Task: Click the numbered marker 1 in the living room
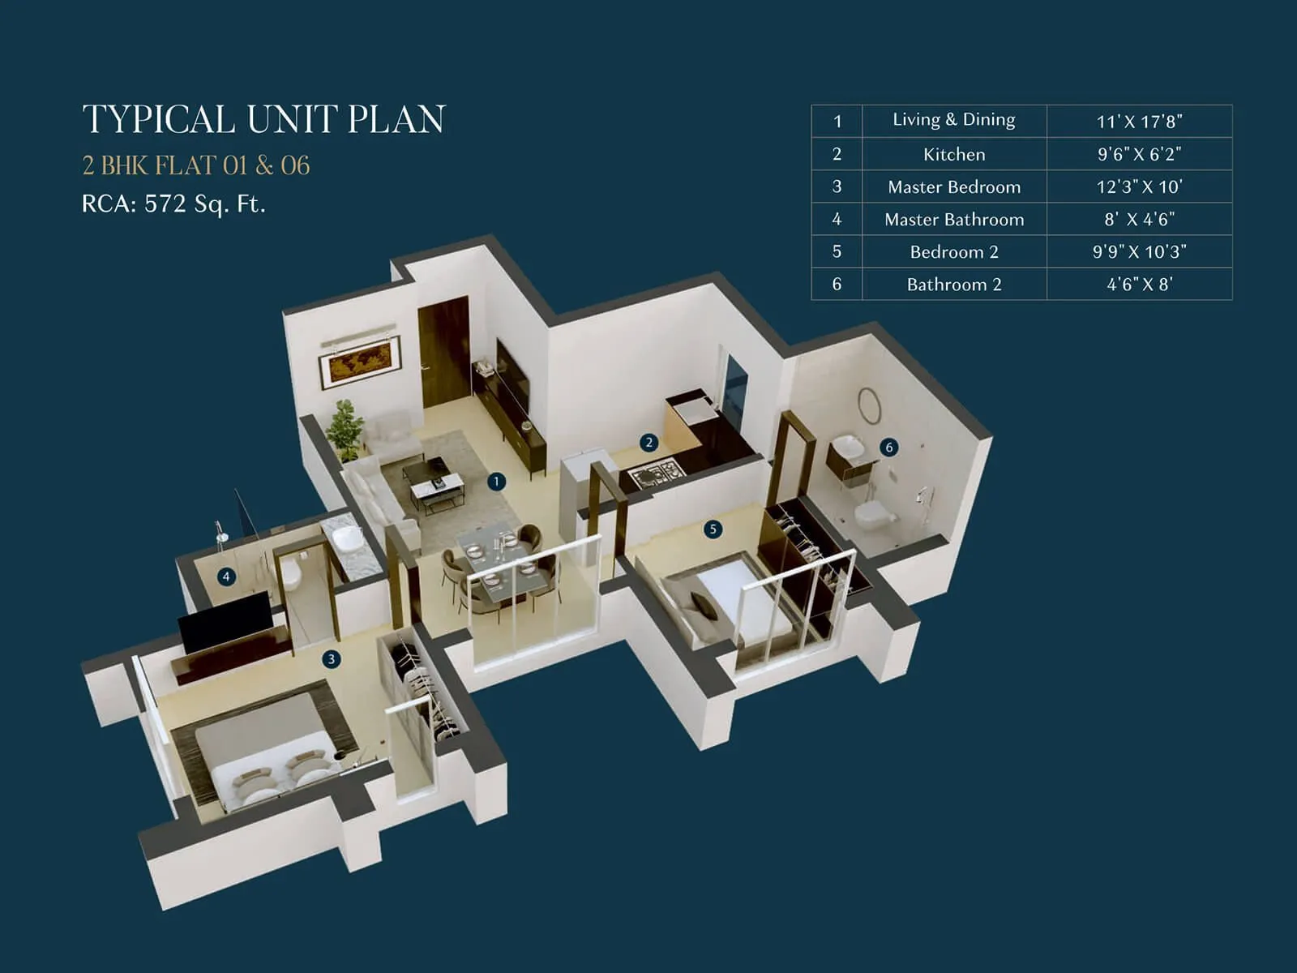click(x=496, y=482)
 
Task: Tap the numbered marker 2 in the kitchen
click(x=648, y=443)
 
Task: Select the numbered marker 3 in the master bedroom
click(x=331, y=659)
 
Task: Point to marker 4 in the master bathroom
click(x=226, y=577)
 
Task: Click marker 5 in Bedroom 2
click(x=713, y=529)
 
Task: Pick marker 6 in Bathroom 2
click(x=889, y=448)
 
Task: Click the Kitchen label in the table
click(x=954, y=154)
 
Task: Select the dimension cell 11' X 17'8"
click(x=1139, y=122)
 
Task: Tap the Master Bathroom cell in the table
click(x=954, y=219)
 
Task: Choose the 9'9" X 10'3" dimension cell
click(x=1139, y=251)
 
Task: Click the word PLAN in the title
click(x=396, y=119)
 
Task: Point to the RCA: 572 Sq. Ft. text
click(x=173, y=204)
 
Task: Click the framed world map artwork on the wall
click(x=360, y=361)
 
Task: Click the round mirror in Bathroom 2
click(x=869, y=405)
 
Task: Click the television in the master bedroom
click(x=225, y=620)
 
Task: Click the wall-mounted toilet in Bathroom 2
click(x=873, y=513)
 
